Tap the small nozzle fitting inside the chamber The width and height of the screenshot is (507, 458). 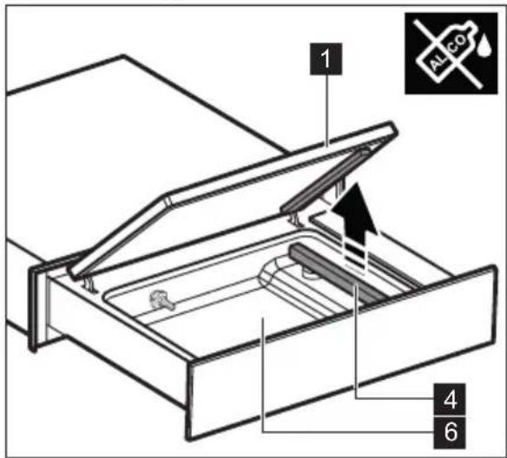coord(159,300)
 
